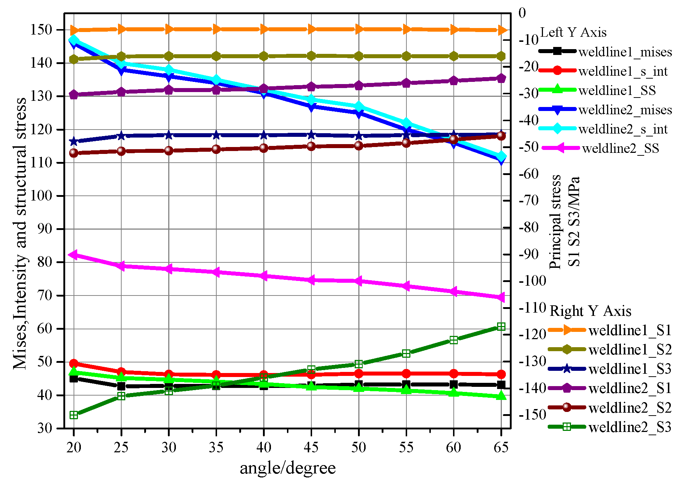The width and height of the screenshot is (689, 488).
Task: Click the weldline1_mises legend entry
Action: [x=625, y=52]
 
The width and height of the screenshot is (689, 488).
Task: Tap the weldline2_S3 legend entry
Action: [x=630, y=427]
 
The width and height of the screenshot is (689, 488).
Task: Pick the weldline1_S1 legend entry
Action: [x=630, y=330]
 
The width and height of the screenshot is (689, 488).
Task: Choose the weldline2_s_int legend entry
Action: [x=623, y=129]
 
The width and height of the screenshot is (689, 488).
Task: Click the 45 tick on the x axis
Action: [x=311, y=447]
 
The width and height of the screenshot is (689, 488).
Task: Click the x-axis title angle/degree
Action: [x=288, y=468]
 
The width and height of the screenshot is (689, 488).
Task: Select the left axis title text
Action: [x=20, y=233]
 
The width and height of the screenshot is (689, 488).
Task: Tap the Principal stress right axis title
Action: [x=564, y=222]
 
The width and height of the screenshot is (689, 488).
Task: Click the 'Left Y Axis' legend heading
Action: [x=573, y=33]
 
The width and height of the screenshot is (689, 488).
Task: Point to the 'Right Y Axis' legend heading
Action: [x=590, y=311]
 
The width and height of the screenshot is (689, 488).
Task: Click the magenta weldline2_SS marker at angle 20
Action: [x=74, y=255]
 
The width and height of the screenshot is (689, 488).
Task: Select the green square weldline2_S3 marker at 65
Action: [x=501, y=326]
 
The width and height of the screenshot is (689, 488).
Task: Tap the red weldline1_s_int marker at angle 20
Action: [x=74, y=363]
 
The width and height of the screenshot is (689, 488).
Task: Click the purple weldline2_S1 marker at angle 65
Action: [x=501, y=78]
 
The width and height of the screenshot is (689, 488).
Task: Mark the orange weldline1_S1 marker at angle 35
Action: [x=216, y=29]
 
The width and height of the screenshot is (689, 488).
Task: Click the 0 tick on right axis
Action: [x=522, y=13]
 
